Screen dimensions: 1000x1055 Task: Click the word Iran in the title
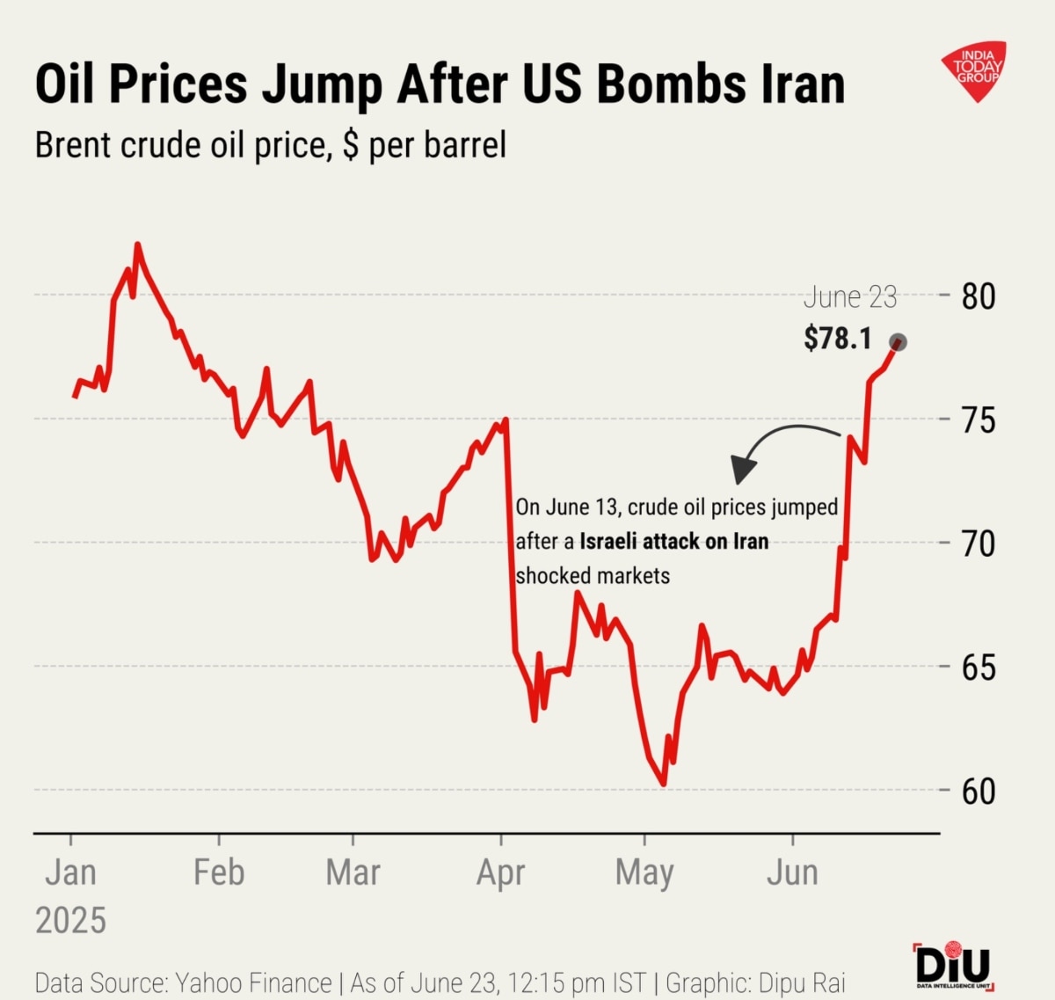795,84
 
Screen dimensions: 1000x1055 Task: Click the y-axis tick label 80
978,296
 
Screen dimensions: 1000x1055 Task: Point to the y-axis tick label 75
978,420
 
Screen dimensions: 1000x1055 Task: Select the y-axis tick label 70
978,544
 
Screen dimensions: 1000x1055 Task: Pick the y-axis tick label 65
978,668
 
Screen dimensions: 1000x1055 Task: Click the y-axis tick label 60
978,792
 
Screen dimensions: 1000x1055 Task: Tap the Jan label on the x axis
70,872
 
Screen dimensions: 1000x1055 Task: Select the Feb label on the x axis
219,872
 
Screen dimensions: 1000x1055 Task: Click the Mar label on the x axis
353,872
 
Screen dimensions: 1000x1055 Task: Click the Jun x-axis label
792,872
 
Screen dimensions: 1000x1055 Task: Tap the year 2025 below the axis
70,921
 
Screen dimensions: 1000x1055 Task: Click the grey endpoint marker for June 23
898,342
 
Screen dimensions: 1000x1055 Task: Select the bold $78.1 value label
837,338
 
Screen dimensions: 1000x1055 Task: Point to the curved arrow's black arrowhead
744,470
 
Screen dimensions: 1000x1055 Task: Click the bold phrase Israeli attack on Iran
673,541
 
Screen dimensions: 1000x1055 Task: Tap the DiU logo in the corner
953,965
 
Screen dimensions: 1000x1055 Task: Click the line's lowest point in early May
663,783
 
